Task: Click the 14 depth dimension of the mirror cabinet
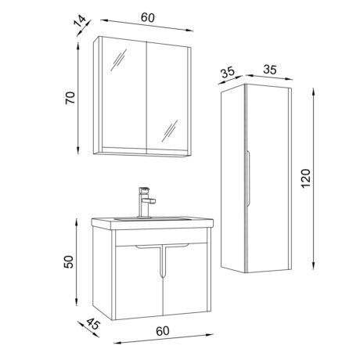80,21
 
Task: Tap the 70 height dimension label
70,98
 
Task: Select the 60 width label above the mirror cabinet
148,17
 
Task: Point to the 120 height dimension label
306,178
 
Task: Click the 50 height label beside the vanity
69,262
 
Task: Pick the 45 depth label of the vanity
93,324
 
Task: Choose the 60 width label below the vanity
163,331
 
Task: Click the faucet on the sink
146,202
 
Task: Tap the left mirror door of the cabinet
124,96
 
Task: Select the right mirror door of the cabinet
167,99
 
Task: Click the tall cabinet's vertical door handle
248,178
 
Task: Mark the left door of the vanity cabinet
139,282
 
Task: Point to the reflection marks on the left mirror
118,60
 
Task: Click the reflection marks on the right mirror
170,131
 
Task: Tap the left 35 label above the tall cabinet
228,73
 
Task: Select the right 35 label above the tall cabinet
270,70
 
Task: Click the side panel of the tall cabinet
232,178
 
